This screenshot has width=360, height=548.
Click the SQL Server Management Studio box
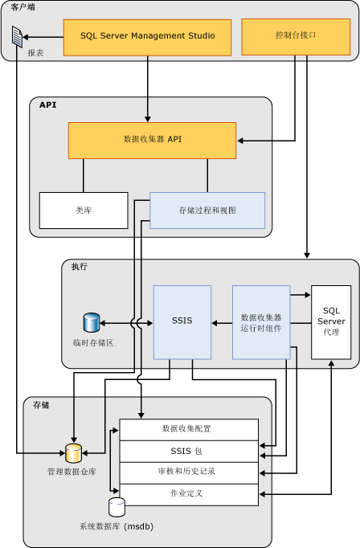click(147, 36)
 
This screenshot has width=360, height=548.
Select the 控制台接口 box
click(296, 36)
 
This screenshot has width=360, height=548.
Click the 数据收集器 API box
click(152, 140)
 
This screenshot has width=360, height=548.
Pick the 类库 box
click(84, 211)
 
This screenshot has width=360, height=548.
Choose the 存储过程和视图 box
click(207, 211)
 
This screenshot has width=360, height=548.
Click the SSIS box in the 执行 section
click(182, 321)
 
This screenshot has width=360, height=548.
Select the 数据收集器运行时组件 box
click(261, 321)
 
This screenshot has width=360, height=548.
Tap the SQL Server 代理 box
click(331, 321)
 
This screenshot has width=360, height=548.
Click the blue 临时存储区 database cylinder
click(91, 323)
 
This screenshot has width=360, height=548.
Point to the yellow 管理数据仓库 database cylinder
click(73, 452)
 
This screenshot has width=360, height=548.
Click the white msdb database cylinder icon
click(117, 507)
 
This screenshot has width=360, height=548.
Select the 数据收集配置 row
click(188, 429)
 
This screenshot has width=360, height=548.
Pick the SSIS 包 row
click(188, 451)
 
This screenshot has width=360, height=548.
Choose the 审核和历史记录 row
click(188, 472)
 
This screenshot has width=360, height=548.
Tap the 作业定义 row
click(188, 493)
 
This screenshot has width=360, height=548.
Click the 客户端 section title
click(22, 7)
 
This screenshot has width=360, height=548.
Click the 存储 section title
click(40, 405)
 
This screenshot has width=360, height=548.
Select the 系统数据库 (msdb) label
click(117, 526)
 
